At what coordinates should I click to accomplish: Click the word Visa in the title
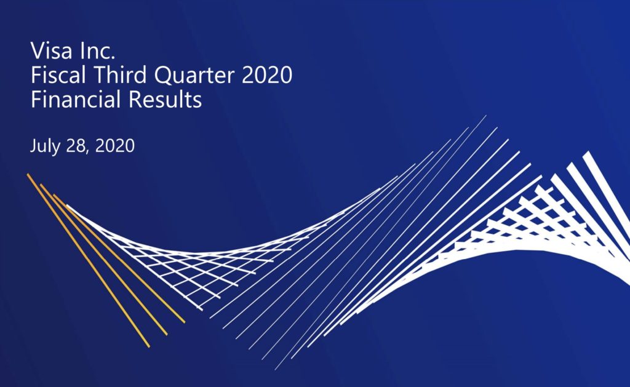click(52, 50)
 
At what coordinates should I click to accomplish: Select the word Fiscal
click(58, 75)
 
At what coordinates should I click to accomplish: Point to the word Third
click(120, 75)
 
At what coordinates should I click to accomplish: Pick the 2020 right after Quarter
click(267, 75)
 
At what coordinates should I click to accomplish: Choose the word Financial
click(76, 99)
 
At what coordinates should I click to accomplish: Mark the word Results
click(165, 99)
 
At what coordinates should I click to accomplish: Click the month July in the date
click(44, 146)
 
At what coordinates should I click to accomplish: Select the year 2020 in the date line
click(115, 145)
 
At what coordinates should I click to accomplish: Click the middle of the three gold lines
click(103, 260)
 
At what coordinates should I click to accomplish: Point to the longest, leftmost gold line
click(89, 260)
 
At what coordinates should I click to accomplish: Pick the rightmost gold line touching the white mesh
click(119, 259)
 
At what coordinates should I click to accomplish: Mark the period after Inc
click(113, 58)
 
